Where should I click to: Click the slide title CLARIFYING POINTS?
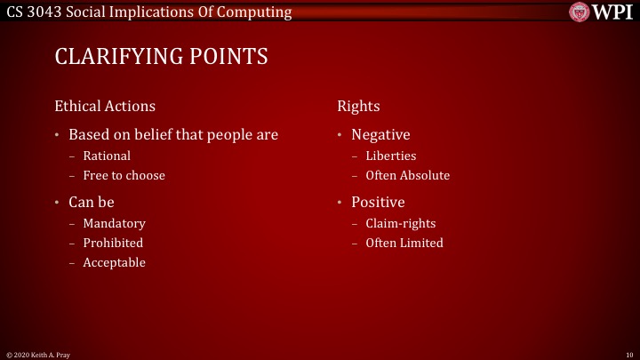161,57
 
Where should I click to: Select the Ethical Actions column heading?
105,106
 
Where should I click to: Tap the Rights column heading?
358,106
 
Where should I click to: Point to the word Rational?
107,156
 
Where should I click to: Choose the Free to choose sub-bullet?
124,175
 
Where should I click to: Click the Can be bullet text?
92,202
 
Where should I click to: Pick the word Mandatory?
114,223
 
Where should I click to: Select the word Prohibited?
113,243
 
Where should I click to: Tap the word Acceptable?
114,262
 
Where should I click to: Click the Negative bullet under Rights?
380,134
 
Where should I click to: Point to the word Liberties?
390,156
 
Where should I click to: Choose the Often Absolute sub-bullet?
407,175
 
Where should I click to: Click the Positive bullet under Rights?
378,202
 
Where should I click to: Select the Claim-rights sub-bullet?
401,223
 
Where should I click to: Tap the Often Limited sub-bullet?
404,243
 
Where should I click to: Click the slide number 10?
628,354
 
